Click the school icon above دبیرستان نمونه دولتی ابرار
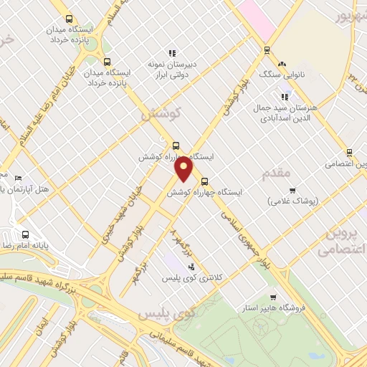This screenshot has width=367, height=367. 171,52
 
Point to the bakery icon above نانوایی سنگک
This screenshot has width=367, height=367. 282,63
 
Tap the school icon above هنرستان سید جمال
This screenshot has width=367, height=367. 285,96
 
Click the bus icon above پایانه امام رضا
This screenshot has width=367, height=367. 25,234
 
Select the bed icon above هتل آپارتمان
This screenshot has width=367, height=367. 19,178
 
